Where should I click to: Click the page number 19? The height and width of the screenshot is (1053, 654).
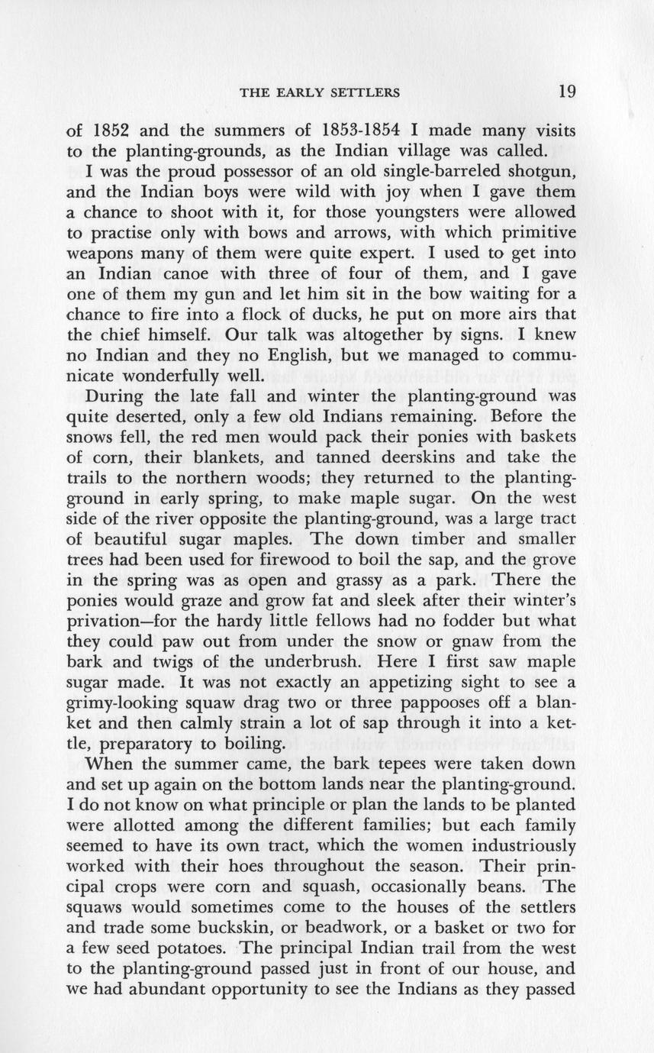[x=566, y=92]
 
